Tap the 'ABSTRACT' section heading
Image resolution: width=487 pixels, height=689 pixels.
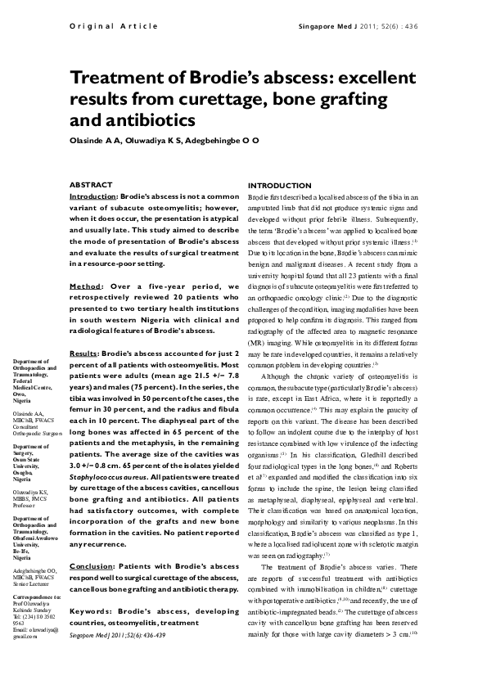91,185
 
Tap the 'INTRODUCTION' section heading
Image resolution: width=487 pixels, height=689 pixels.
280,186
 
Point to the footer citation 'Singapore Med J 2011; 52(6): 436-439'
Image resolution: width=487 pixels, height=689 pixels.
116,635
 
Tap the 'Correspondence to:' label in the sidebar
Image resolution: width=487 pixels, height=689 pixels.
32,597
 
